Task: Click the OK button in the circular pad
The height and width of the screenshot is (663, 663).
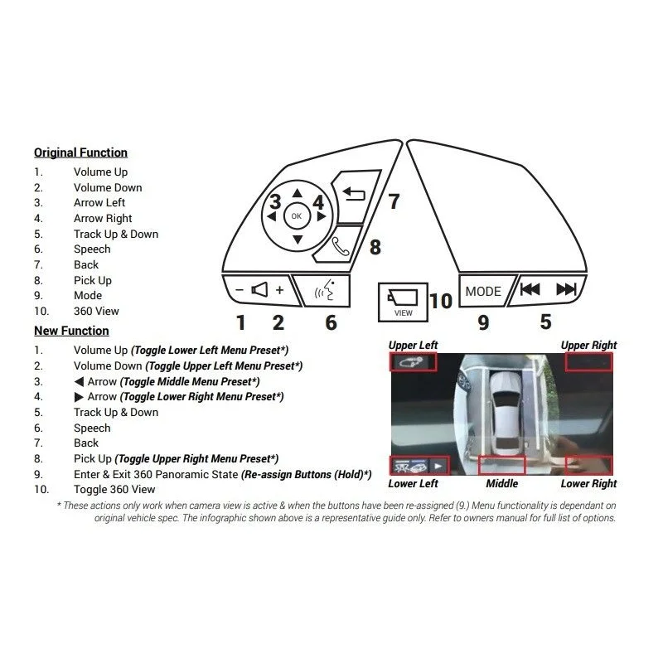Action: point(297,216)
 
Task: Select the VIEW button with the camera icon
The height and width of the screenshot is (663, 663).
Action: point(403,302)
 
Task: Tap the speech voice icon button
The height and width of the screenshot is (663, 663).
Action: point(323,291)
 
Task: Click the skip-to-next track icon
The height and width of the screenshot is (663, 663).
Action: point(566,289)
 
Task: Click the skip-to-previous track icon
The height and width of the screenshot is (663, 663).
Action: point(530,289)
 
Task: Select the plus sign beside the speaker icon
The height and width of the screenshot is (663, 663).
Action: point(279,290)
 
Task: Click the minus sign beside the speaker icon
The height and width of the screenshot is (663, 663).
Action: point(240,290)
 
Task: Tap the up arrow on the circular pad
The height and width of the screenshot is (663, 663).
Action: point(298,193)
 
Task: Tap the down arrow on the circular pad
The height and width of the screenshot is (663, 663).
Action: point(298,240)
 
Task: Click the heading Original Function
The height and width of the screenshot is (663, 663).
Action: point(80,152)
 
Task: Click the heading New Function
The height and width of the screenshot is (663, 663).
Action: point(71,331)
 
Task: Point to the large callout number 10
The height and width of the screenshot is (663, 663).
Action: point(441,301)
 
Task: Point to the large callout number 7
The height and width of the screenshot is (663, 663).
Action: point(394,201)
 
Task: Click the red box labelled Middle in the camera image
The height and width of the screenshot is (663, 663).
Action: point(502,465)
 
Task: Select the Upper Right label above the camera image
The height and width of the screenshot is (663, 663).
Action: point(588,345)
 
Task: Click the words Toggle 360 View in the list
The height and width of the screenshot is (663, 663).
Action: point(114,489)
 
